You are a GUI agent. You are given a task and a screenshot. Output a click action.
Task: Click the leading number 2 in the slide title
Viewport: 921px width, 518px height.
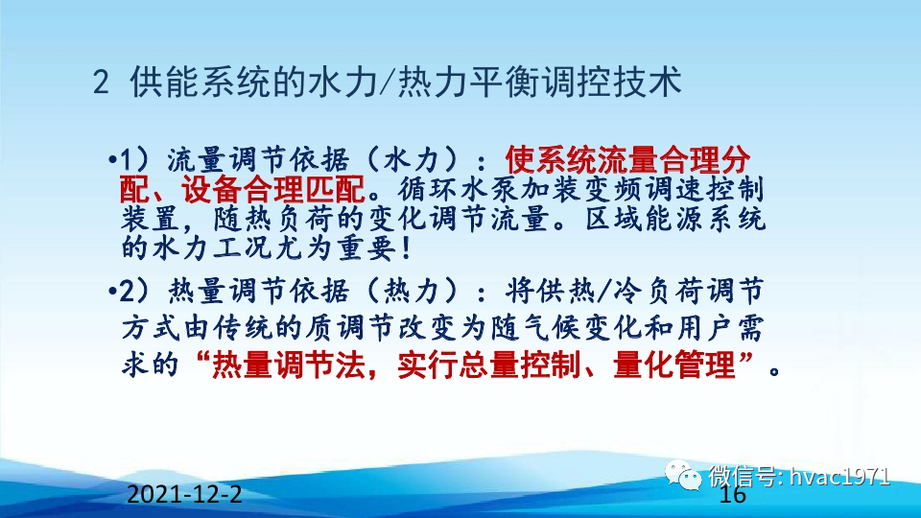point(103,84)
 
